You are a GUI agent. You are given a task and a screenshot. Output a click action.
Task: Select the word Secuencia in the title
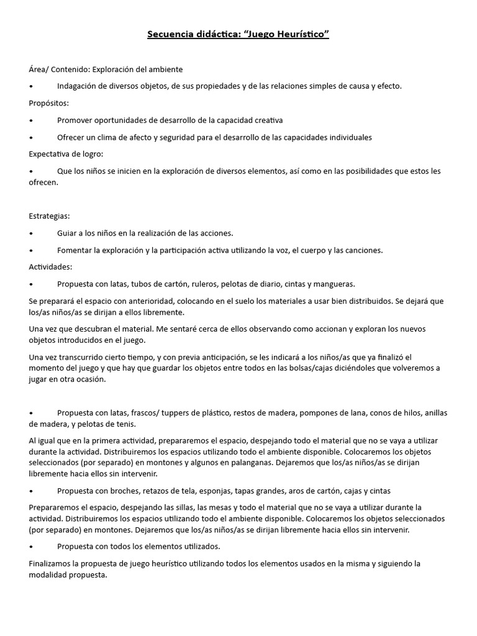point(169,34)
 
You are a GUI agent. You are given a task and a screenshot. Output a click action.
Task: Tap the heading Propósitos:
point(49,103)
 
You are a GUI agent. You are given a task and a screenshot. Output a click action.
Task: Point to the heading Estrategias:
point(50,216)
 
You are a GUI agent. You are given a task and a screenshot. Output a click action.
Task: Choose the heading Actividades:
point(51,267)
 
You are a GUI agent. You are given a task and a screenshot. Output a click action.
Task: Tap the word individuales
point(346,137)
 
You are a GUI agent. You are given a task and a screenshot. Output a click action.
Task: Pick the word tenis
point(127,424)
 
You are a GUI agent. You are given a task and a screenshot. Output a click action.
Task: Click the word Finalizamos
point(52,564)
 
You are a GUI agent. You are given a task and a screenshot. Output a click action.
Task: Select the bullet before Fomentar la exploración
point(31,250)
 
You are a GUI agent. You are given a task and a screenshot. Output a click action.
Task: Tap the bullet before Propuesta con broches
point(31,491)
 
